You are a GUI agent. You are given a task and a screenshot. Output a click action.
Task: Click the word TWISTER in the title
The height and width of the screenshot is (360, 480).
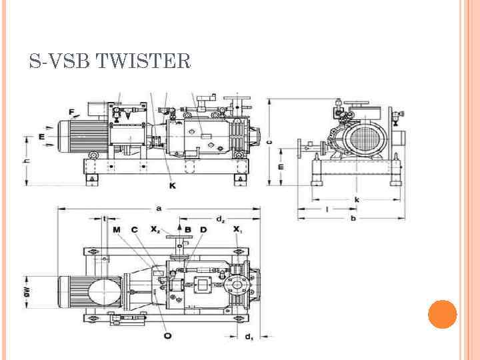(143, 62)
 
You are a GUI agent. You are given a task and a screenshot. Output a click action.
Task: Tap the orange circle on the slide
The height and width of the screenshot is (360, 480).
(442, 314)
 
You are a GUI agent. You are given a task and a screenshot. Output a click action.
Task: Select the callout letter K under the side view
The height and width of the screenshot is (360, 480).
(173, 185)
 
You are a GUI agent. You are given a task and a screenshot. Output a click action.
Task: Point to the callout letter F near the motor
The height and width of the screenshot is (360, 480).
(71, 111)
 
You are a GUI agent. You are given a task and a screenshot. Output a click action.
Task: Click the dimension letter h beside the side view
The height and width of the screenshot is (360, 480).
(27, 161)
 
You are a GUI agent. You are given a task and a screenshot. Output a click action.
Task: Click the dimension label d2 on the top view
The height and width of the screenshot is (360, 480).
(221, 218)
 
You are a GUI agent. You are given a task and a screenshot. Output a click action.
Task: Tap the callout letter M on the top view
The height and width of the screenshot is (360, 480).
(117, 229)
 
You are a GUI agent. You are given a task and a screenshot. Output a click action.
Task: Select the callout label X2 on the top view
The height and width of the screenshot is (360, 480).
(155, 229)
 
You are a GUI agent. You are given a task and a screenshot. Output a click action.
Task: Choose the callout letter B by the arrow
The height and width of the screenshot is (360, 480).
(188, 229)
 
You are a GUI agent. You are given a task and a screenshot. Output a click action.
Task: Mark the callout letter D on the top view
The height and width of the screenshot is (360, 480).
(203, 229)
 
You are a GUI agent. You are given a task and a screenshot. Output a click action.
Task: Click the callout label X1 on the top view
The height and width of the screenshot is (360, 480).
(238, 229)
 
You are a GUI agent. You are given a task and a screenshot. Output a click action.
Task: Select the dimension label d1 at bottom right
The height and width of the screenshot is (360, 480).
(248, 337)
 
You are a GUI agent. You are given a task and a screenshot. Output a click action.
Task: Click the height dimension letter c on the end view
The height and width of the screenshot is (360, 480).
(269, 141)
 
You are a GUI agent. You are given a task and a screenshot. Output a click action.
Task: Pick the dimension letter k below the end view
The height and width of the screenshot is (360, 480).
(357, 199)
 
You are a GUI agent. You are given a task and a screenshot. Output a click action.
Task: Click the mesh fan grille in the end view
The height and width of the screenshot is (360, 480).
(364, 143)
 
